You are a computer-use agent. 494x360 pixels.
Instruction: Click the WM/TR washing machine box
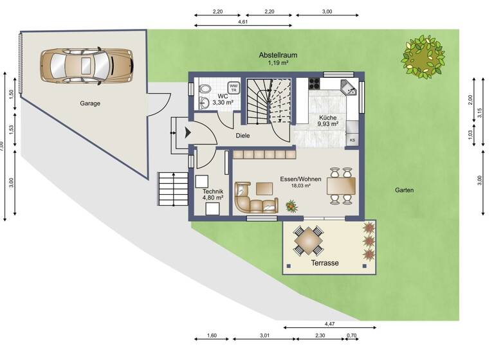coord(233,87)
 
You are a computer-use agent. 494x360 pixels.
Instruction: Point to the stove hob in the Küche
coord(316,83)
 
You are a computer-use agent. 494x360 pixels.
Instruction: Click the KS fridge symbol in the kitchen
coord(352,139)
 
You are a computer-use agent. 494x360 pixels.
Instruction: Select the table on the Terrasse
coord(309,241)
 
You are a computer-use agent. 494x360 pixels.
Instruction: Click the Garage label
coord(90,103)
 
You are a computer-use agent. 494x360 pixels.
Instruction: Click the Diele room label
coord(242,136)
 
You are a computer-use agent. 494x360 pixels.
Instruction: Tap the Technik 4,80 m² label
coord(213,194)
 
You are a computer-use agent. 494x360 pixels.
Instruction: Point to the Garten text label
coord(405,190)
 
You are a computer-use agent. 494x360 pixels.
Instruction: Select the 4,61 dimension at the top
coord(243,22)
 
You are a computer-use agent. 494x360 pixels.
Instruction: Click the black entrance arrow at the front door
coord(187,133)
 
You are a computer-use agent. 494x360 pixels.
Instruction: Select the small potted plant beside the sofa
coord(291,206)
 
